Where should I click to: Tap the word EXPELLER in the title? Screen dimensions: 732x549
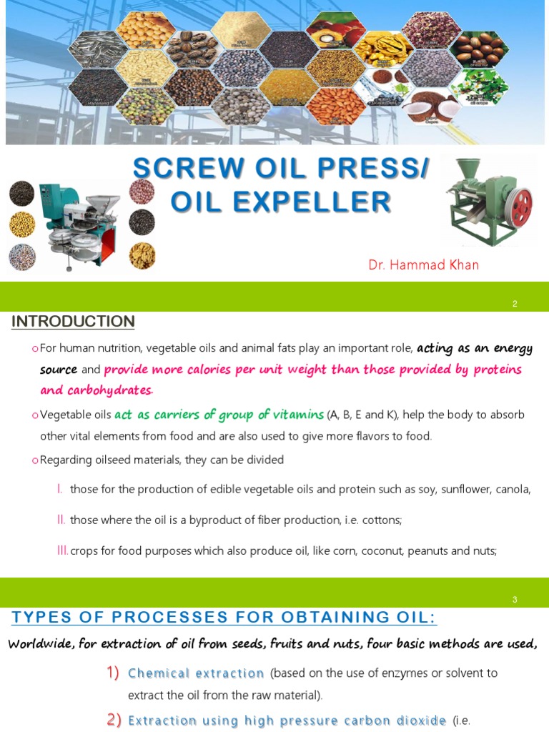(314, 202)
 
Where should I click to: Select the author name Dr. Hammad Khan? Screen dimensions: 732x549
(423, 264)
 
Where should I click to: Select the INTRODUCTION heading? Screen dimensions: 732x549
(73, 322)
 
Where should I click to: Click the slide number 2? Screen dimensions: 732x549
(515, 304)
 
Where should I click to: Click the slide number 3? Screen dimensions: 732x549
(515, 600)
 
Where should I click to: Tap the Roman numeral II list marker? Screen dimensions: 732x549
(61, 520)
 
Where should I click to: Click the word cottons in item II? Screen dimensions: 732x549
(383, 520)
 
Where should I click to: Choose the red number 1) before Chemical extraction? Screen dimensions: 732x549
(113, 673)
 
